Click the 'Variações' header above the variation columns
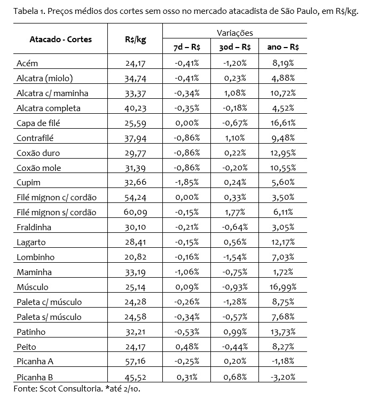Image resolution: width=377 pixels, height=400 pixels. (x=235, y=33)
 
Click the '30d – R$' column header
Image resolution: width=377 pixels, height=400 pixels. (x=235, y=47)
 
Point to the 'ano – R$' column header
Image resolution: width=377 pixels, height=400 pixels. (x=283, y=47)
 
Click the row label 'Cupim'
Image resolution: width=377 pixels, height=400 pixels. (x=28, y=183)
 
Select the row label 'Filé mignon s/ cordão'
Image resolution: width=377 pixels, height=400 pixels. (x=57, y=213)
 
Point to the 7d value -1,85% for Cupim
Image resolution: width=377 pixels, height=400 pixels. (x=187, y=183)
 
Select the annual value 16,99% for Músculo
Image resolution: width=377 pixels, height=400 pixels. (x=283, y=287)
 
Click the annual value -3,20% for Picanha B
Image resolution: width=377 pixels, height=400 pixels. (x=283, y=376)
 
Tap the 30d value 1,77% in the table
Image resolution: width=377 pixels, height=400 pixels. (x=235, y=213)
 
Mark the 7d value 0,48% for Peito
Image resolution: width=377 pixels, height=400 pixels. (x=187, y=346)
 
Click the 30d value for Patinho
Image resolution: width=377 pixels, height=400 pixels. (x=235, y=331)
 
